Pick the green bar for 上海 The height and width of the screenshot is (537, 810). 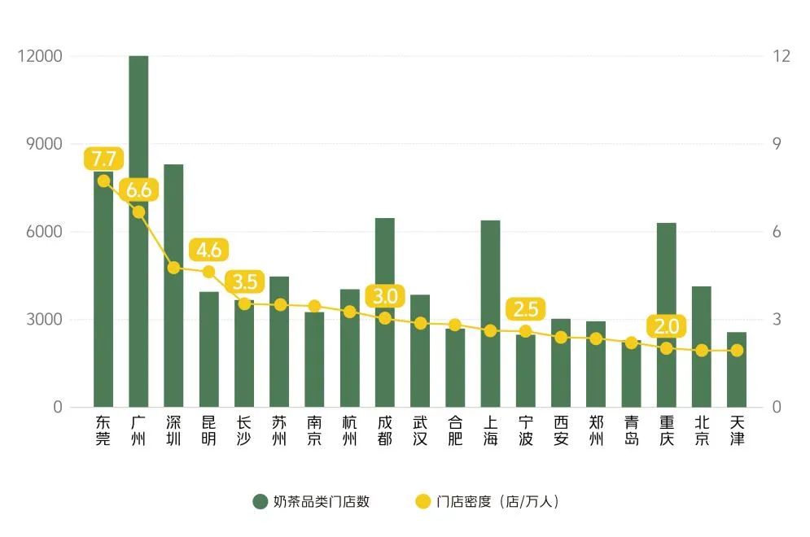point(490,366)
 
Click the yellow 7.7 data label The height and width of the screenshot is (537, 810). point(103,159)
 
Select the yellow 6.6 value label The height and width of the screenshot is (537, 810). point(138,190)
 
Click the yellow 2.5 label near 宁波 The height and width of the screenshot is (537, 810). point(526,309)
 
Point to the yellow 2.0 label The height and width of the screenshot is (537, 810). point(667,326)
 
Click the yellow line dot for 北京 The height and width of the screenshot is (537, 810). point(702,350)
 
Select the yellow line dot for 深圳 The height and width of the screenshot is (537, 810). point(173,267)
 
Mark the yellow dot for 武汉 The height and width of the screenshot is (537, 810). point(420,323)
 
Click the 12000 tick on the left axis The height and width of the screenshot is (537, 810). point(41,56)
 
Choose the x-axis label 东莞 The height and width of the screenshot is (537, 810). point(103,431)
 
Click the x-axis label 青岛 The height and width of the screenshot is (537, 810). point(632,431)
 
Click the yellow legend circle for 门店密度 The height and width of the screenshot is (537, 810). point(423,502)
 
